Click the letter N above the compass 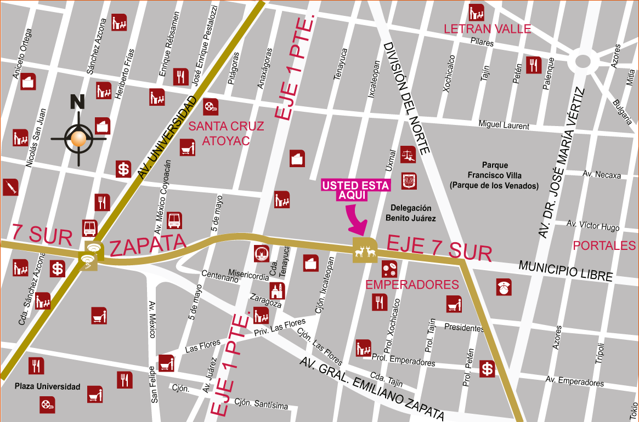(77, 102)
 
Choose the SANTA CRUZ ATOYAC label (226, 133)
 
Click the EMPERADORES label (411, 285)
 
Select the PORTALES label (604, 246)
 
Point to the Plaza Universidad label (47, 386)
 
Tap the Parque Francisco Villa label (495, 175)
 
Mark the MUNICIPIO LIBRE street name (565, 271)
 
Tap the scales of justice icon (408, 155)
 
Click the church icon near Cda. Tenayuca (277, 290)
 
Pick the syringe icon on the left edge (10, 187)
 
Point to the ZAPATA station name (145, 246)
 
